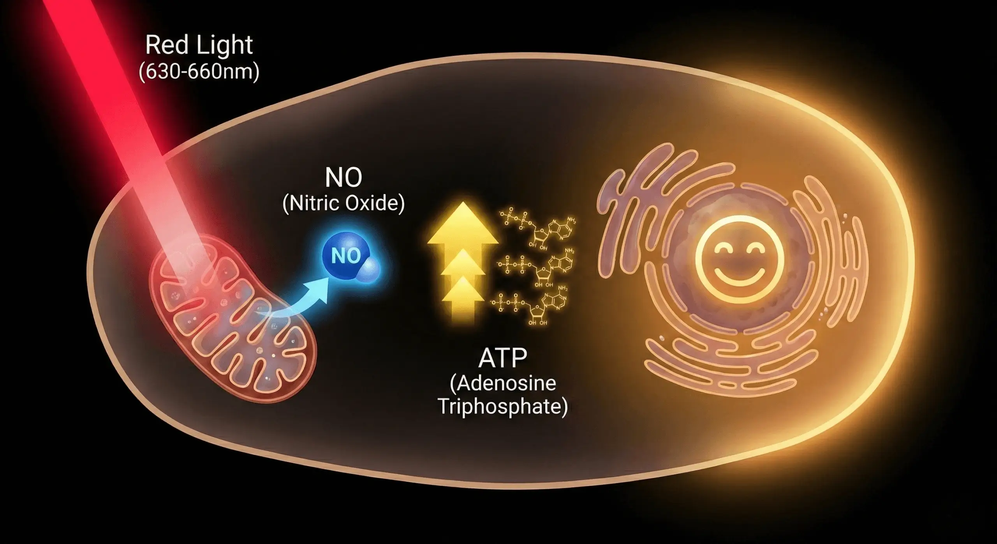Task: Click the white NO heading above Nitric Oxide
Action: click(x=343, y=178)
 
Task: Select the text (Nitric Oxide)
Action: click(x=343, y=203)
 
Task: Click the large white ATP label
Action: click(x=502, y=359)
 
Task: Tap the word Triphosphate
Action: click(x=502, y=407)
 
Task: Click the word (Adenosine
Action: click(x=502, y=383)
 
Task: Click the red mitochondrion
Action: click(x=234, y=323)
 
